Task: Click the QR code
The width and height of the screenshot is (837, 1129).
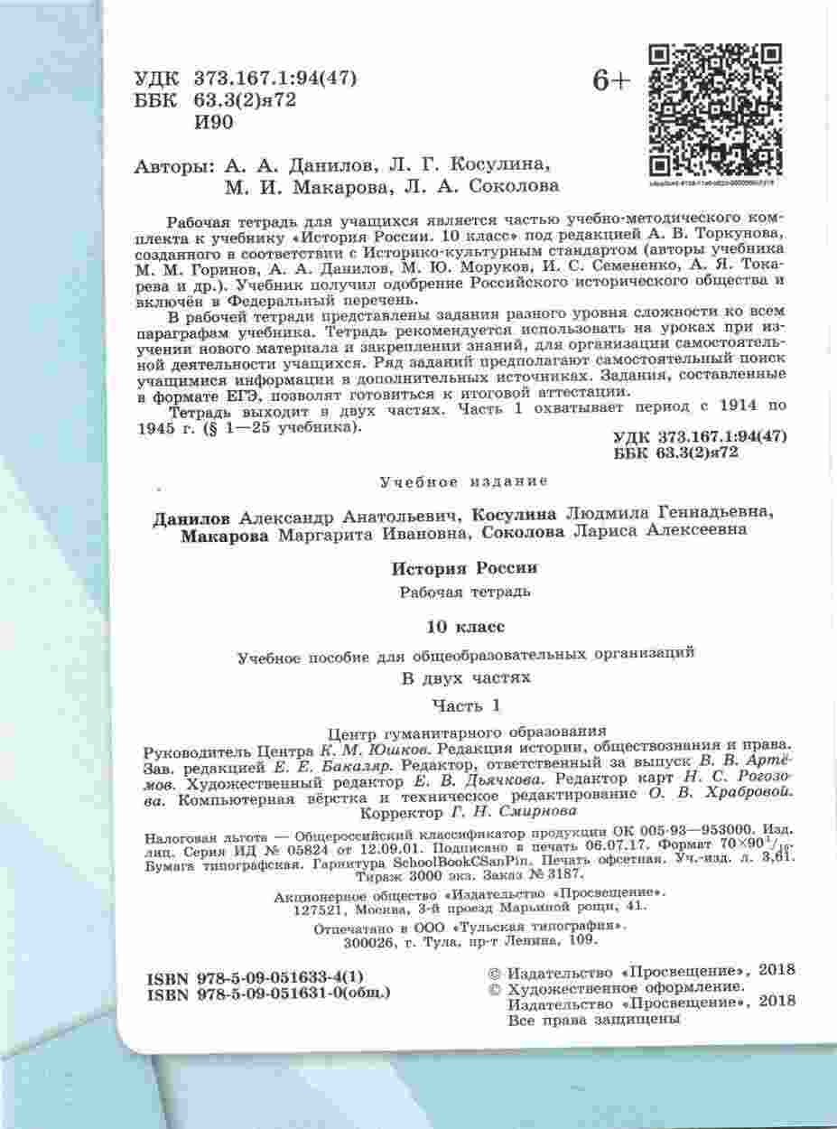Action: (x=714, y=109)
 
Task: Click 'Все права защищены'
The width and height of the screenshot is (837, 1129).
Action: (x=593, y=1018)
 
